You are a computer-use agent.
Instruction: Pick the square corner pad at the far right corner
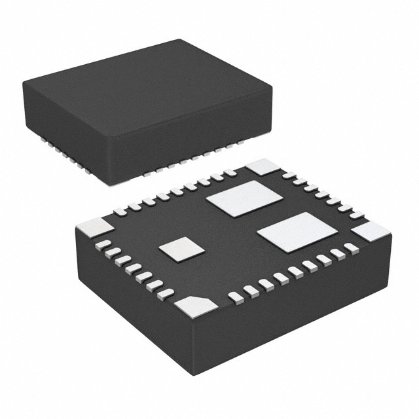[371, 231]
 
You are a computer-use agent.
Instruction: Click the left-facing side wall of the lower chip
[131, 308]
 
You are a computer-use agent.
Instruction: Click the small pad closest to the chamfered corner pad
[234, 297]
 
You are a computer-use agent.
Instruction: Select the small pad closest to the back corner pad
[289, 175]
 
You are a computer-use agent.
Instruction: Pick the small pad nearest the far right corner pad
[352, 247]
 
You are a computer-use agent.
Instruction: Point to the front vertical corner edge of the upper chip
[117, 157]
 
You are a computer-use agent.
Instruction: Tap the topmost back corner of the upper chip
[179, 41]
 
